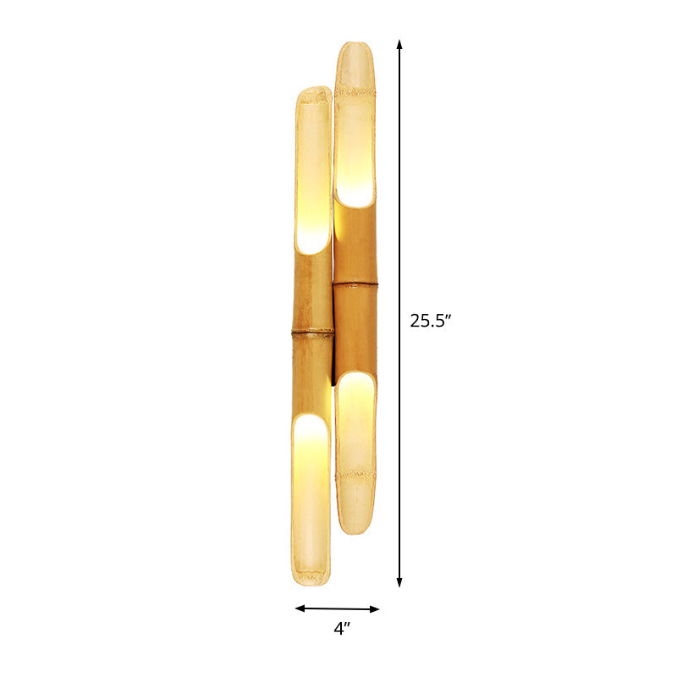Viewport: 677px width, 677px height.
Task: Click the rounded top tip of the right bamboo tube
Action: [x=355, y=47]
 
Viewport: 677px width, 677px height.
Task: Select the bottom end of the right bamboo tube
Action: [x=355, y=529]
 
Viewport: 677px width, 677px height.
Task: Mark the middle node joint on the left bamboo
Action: [x=312, y=333]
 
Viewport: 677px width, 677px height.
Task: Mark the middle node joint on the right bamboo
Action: [x=355, y=285]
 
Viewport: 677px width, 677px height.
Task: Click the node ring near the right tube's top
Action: [x=355, y=87]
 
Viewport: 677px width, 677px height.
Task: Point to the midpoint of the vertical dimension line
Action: [x=399, y=313]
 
